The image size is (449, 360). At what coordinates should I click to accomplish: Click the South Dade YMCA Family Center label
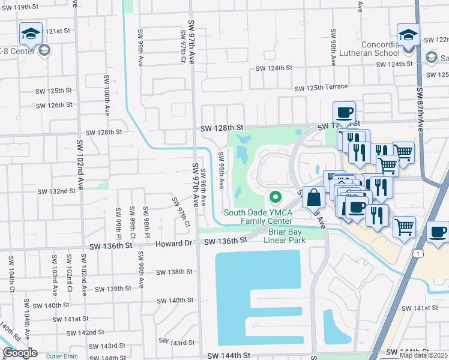(x=258, y=217)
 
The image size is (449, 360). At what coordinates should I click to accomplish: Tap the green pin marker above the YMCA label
(x=276, y=197)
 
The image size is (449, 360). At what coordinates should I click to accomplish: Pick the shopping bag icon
(x=313, y=197)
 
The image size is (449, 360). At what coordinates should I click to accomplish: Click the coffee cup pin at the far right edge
(x=438, y=232)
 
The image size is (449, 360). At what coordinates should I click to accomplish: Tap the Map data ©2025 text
(x=423, y=355)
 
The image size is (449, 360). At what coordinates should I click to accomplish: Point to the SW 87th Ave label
(x=420, y=110)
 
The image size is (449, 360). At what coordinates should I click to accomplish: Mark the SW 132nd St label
(x=56, y=191)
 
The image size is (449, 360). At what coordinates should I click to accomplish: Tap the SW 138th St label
(x=174, y=272)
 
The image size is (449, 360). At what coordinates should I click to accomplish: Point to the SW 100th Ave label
(x=106, y=95)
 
